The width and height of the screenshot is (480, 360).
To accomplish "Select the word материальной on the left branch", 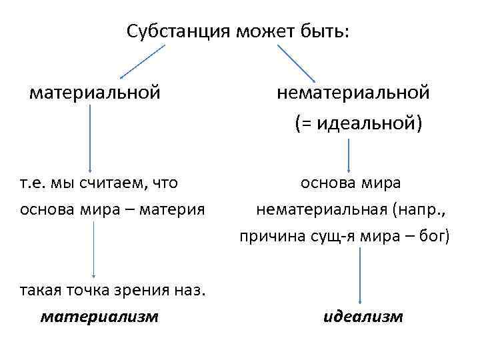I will pos(95,91).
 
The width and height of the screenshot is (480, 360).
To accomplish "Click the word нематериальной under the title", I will pos(353,91).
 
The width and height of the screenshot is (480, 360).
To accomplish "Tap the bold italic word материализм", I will pos(99,316).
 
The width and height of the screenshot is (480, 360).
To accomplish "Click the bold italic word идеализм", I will pos(363,316).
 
